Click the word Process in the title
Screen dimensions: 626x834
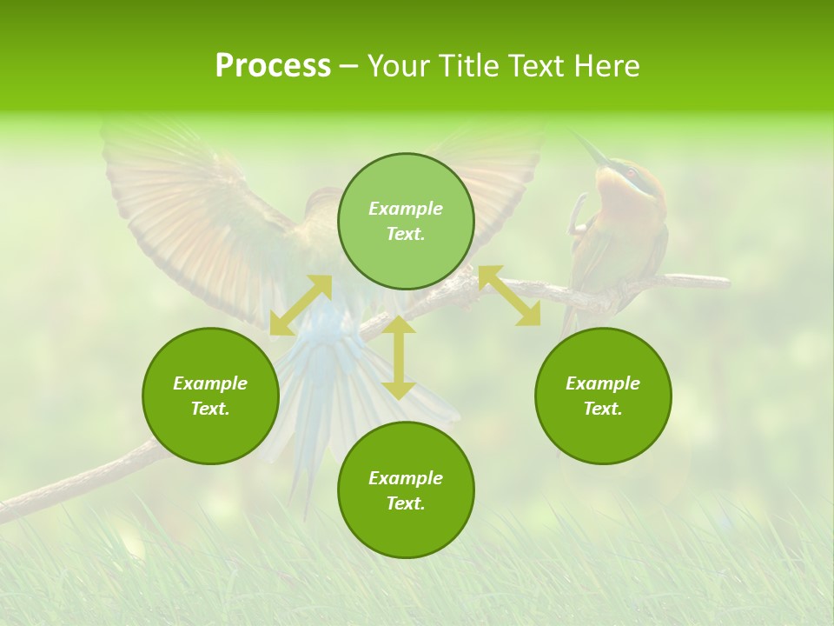pyautogui.click(x=273, y=66)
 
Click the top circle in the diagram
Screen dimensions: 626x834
pyautogui.click(x=406, y=221)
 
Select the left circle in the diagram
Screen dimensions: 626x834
pyautogui.click(x=210, y=396)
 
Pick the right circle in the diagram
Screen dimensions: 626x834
pyautogui.click(x=603, y=396)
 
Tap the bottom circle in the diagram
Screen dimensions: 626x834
pyautogui.click(x=406, y=490)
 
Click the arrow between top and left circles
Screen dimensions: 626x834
pyautogui.click(x=301, y=305)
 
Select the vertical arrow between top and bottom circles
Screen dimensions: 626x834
pyautogui.click(x=399, y=357)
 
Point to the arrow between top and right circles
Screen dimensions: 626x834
pyautogui.click(x=509, y=296)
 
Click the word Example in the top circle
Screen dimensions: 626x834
pyautogui.click(x=406, y=209)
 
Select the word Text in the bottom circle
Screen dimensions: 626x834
pyautogui.click(x=406, y=503)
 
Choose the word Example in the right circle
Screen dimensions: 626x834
pyautogui.click(x=603, y=383)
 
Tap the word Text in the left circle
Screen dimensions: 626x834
pyautogui.click(x=210, y=409)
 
